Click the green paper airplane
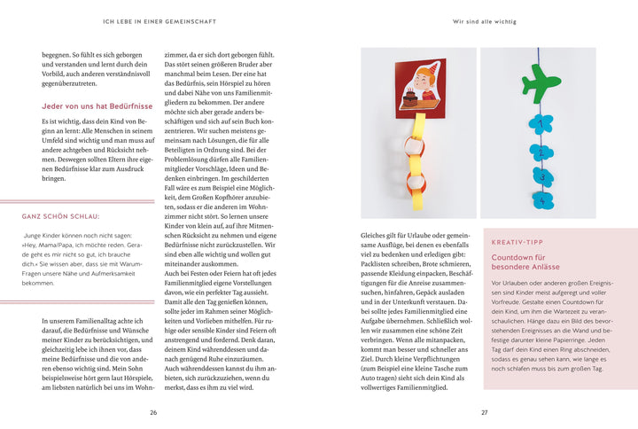click(x=541, y=84)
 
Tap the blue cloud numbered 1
click(x=540, y=124)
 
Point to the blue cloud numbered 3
click(x=541, y=175)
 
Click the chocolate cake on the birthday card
click(x=413, y=99)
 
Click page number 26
click(x=153, y=412)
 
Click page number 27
click(x=484, y=412)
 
